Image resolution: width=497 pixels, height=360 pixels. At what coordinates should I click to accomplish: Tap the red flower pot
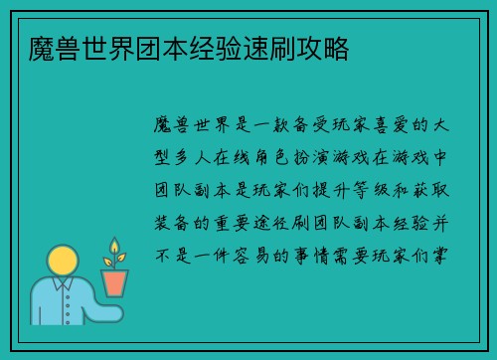pyautogui.click(x=115, y=281)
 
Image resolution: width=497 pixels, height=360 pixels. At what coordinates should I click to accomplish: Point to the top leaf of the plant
pyautogui.click(x=114, y=244)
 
